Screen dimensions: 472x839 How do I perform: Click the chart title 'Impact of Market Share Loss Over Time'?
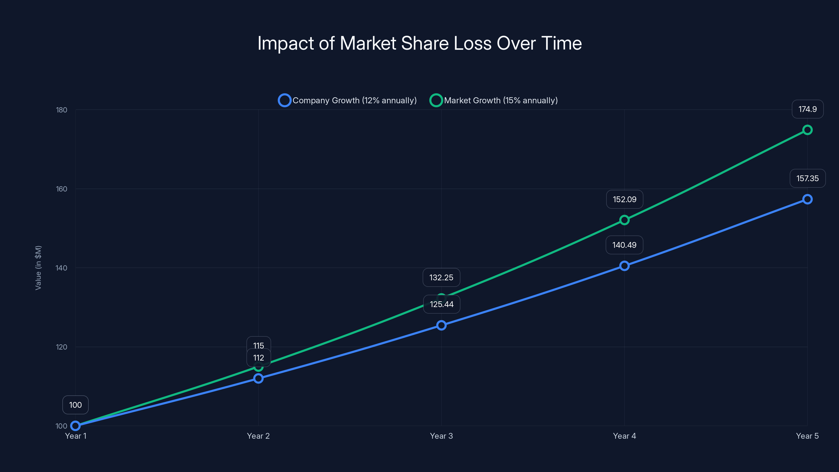tap(419, 43)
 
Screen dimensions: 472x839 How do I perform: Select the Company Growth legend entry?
tap(347, 100)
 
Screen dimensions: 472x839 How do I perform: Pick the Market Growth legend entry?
tap(494, 100)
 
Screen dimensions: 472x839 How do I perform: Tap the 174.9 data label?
tap(808, 109)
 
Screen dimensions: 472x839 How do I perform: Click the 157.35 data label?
tap(808, 179)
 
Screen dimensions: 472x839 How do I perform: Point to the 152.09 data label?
tap(624, 199)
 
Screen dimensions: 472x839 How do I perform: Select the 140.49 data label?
tap(624, 245)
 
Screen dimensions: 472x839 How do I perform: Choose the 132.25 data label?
tap(441, 277)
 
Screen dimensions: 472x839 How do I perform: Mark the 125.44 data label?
tap(441, 304)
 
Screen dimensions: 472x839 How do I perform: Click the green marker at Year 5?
tap(808, 130)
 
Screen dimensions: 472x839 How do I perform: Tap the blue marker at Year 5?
tap(808, 199)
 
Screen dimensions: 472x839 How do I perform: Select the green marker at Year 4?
tap(624, 220)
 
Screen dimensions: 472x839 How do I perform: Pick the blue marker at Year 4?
tap(624, 266)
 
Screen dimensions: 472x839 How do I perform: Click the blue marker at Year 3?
tap(441, 325)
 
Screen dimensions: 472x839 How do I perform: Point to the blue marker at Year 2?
tap(258, 378)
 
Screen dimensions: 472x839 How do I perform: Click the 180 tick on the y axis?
tap(62, 110)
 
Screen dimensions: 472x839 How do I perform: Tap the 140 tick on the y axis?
tap(62, 268)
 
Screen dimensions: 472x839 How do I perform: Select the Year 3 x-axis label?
tap(441, 436)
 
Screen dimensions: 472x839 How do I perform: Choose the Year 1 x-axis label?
tap(76, 436)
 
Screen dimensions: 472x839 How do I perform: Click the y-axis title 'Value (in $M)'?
tap(38, 268)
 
